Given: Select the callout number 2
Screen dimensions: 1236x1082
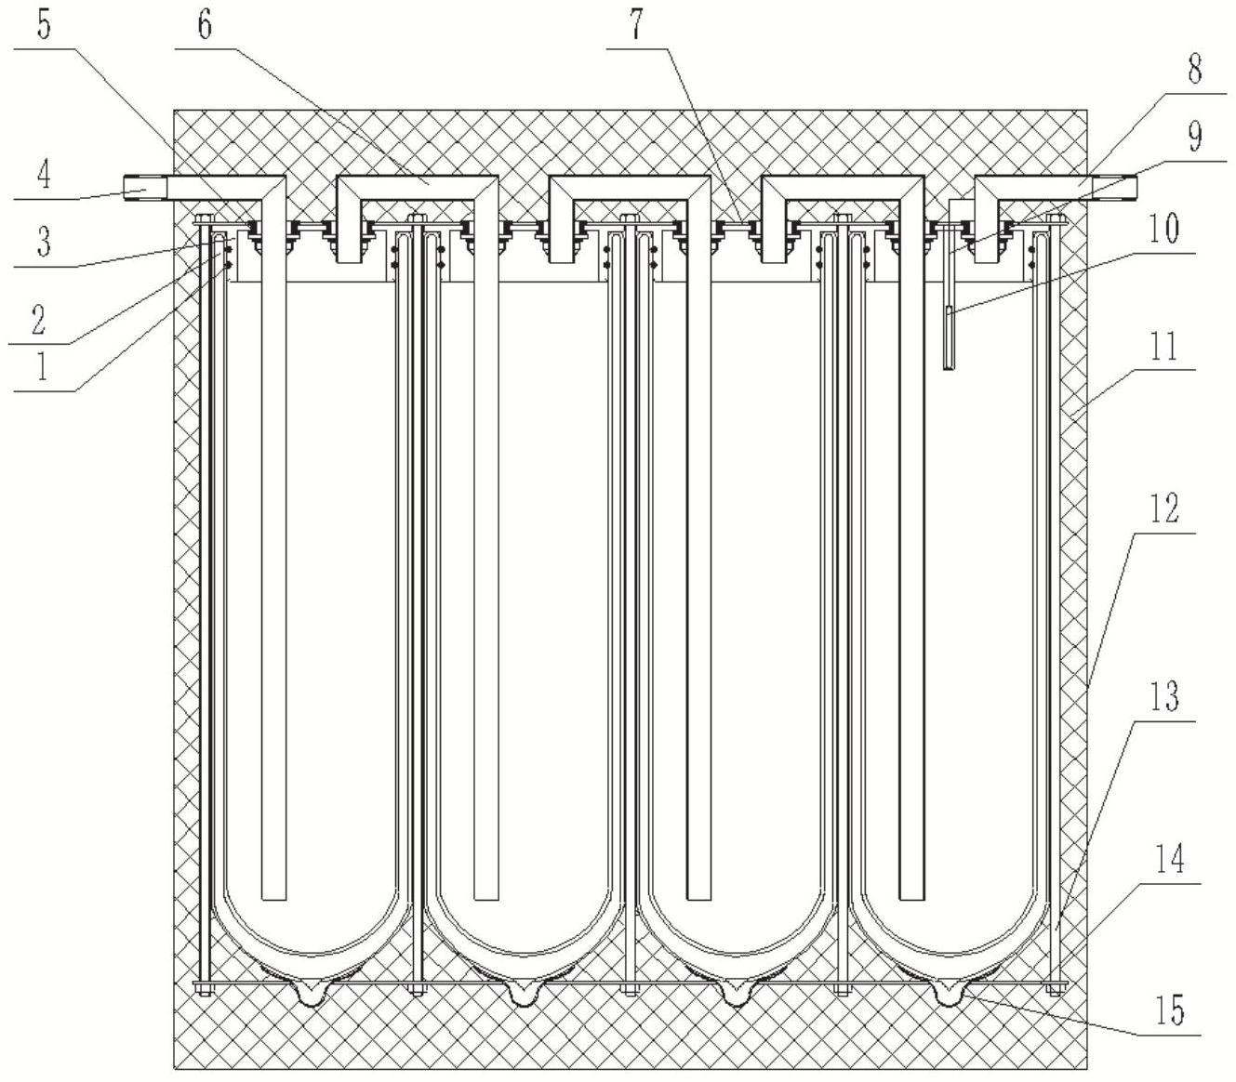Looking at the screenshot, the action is (x=38, y=319).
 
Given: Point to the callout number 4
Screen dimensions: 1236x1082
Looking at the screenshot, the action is (x=44, y=176).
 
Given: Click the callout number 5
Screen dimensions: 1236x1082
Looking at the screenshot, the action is (x=44, y=24).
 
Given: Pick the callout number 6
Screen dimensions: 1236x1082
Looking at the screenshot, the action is (x=205, y=24).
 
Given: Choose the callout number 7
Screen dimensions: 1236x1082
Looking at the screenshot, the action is (x=635, y=24).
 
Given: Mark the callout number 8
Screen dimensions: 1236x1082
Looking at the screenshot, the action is (x=1194, y=68).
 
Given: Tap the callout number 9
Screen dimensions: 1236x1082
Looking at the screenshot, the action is (x=1195, y=136).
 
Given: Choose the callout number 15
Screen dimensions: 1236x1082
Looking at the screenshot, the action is (x=1169, y=1009).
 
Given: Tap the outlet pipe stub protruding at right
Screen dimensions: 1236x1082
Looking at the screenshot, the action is (x=1120, y=189).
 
